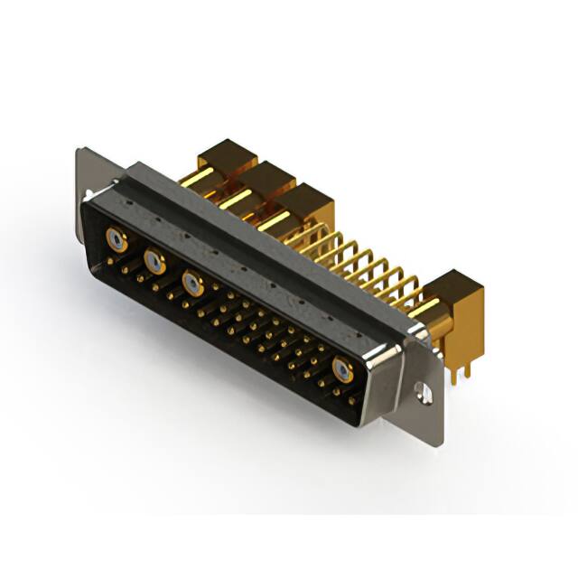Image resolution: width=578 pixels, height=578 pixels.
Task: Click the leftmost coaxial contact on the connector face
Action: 115,239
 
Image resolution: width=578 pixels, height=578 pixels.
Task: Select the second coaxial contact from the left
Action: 154,262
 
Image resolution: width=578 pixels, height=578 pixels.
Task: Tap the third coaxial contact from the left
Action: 191,283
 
